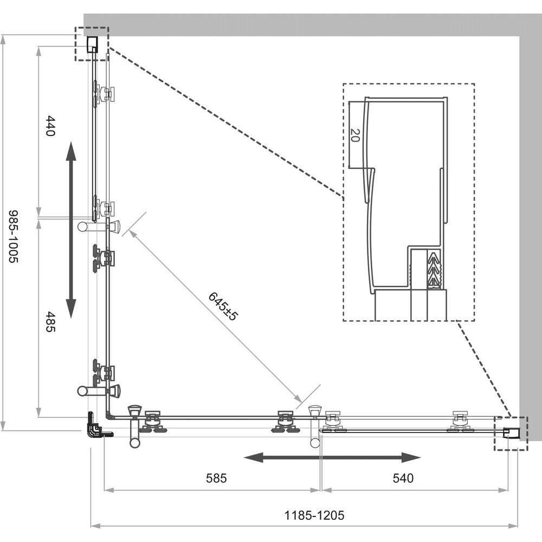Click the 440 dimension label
click(x=50, y=126)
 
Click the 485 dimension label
click(x=50, y=322)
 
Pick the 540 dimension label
click(x=403, y=478)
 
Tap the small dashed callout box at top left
click(x=91, y=44)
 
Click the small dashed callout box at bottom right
click(x=510, y=433)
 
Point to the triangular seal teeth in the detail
click(x=434, y=269)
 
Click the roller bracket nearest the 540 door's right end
click(x=460, y=422)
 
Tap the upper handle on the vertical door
click(x=99, y=226)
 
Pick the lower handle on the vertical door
click(x=99, y=390)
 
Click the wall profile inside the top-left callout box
click(x=92, y=43)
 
